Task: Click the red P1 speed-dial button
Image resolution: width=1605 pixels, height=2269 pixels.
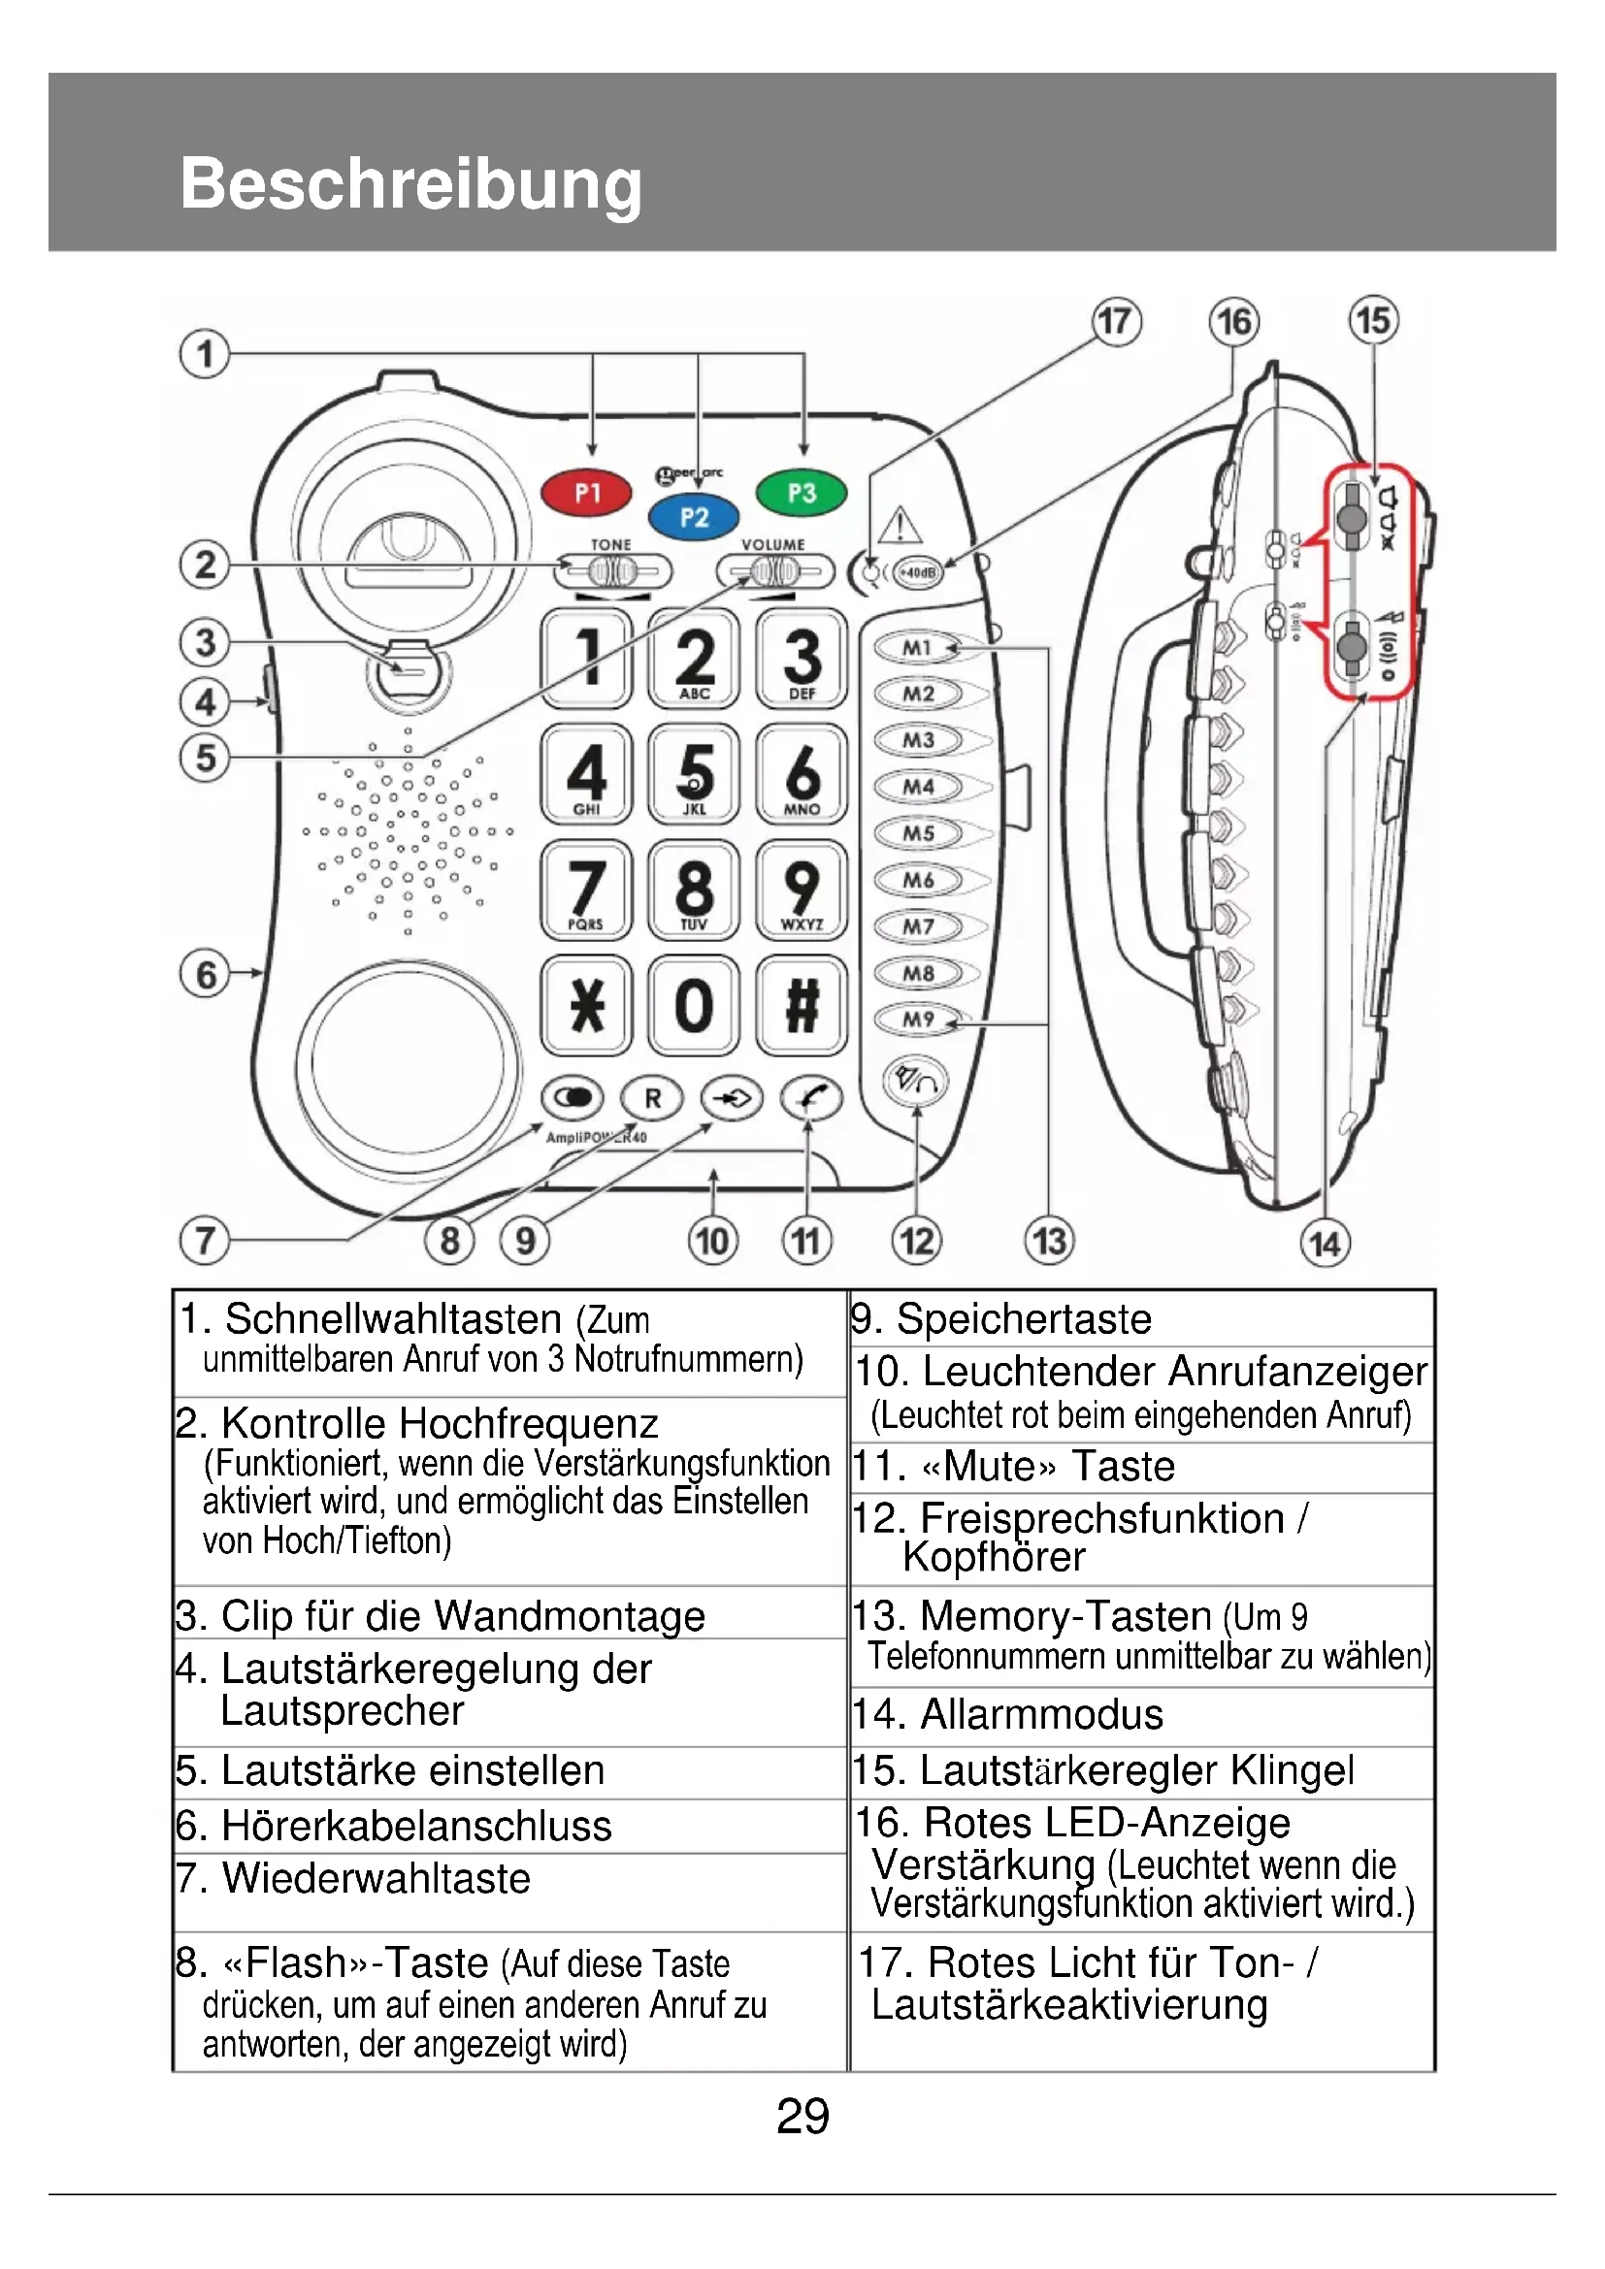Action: click(587, 493)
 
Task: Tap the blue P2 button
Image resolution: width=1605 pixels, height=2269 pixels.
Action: click(694, 517)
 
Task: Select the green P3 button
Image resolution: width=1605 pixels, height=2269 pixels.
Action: click(802, 492)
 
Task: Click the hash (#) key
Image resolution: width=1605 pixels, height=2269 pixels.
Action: click(802, 1006)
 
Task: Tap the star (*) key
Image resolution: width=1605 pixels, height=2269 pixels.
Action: click(587, 1006)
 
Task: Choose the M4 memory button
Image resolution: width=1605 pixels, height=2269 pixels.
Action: click(918, 787)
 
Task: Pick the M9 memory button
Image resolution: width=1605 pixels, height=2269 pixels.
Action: click(918, 1019)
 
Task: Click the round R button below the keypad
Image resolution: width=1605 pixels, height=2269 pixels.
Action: click(652, 1098)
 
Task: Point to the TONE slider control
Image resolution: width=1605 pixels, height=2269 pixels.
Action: click(612, 571)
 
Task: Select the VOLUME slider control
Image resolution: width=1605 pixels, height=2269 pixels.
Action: click(774, 571)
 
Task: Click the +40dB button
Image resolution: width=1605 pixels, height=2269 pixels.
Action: click(919, 572)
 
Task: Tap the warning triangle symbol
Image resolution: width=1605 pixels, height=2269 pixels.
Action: click(901, 526)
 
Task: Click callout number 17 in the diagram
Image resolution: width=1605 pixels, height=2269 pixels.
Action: click(1116, 322)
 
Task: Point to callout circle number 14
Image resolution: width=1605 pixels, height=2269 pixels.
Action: click(1325, 1244)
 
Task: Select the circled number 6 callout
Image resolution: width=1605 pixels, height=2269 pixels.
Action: click(206, 974)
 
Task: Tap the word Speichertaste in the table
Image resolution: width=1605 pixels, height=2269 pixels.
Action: click(1024, 1319)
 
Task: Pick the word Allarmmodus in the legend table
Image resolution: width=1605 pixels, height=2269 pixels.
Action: click(1041, 1714)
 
